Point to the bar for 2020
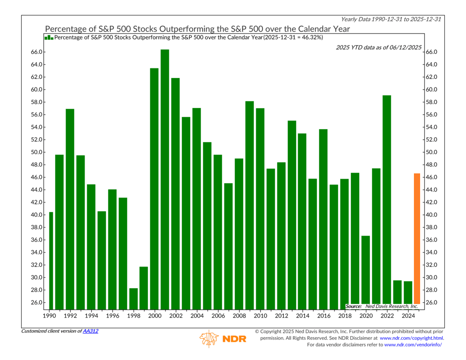coord(365,272)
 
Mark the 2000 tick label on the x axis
coord(154,316)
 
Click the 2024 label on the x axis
coord(408,316)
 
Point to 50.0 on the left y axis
coord(37,152)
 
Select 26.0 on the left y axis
coord(37,303)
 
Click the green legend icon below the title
coord(49,37)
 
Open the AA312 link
coord(90,331)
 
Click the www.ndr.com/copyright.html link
coord(411,338)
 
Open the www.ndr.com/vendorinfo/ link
coord(413,345)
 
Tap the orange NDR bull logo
coord(209,338)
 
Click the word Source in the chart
coord(353,306)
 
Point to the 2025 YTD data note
coord(379,47)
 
